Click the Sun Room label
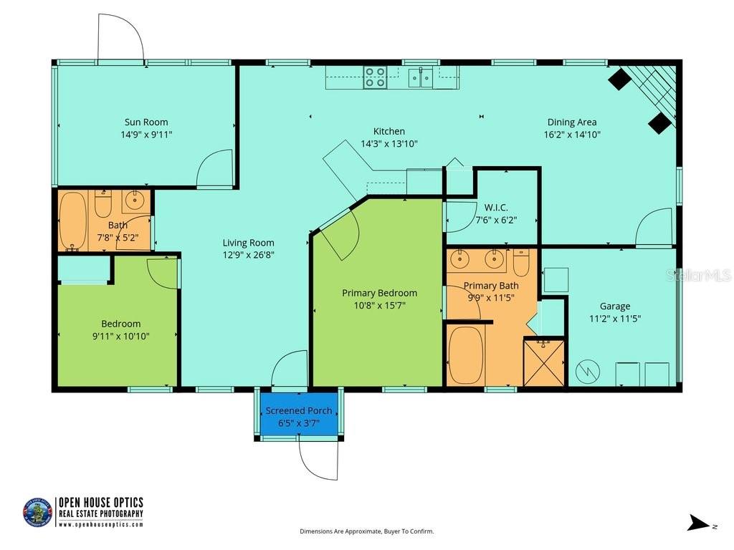pyautogui.click(x=146, y=122)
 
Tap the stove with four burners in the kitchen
pyautogui.click(x=375, y=77)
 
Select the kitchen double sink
pyautogui.click(x=420, y=77)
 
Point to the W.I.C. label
pyautogui.click(x=496, y=208)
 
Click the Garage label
pyautogui.click(x=615, y=306)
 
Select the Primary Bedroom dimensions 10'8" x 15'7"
pyautogui.click(x=379, y=304)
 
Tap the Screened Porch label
pyautogui.click(x=299, y=410)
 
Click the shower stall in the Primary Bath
pyautogui.click(x=544, y=363)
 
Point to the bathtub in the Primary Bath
pyautogui.click(x=467, y=356)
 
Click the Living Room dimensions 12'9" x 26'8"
pyautogui.click(x=248, y=254)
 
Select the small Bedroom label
pyautogui.click(x=120, y=323)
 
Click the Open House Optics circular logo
pyautogui.click(x=37, y=512)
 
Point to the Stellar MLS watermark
pyautogui.click(x=697, y=275)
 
